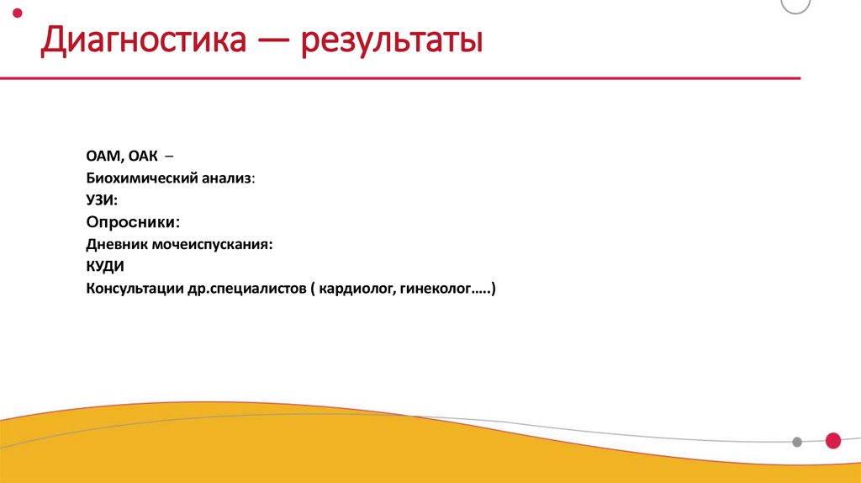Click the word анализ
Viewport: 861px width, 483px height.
pyautogui.click(x=226, y=179)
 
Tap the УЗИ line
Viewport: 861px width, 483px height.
pyautogui.click(x=102, y=201)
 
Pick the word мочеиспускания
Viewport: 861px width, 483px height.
pyautogui.click(x=213, y=245)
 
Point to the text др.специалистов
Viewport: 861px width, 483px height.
pyautogui.click(x=246, y=289)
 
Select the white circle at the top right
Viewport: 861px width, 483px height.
pyautogui.click(x=795, y=4)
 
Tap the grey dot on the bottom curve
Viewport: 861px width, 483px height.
pyautogui.click(x=797, y=442)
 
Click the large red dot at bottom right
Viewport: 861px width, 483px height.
pyautogui.click(x=833, y=440)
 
